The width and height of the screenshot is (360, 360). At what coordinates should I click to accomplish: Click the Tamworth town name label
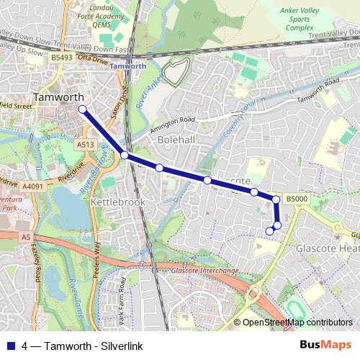(x=60, y=97)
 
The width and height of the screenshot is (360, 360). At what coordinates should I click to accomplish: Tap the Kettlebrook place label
(x=117, y=202)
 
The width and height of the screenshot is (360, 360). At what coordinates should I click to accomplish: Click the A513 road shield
(x=85, y=145)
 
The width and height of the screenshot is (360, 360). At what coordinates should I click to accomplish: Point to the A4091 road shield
(x=33, y=186)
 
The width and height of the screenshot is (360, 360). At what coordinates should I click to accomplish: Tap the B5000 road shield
(x=296, y=199)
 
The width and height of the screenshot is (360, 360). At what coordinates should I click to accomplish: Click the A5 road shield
(x=26, y=236)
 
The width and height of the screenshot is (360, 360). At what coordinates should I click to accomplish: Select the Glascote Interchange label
(x=205, y=271)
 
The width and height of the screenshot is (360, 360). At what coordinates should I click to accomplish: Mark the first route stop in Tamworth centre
(x=82, y=109)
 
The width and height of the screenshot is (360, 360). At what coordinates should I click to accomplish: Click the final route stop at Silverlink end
(x=270, y=231)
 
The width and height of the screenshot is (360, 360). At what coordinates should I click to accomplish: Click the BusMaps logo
(x=325, y=346)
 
